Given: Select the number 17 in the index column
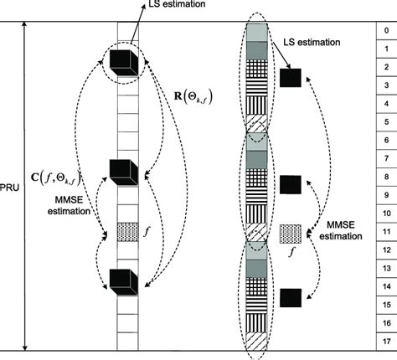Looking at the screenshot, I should click(x=384, y=341).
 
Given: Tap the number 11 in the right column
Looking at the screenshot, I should click(x=384, y=231).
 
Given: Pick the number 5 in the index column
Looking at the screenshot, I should click(x=384, y=121).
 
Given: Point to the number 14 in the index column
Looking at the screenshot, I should click(x=384, y=286).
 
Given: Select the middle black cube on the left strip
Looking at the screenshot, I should click(x=123, y=170).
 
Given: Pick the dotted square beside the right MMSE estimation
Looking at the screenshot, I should click(x=290, y=232).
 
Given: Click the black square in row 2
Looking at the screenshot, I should click(x=290, y=78).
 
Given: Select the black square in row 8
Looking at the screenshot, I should click(x=290, y=183).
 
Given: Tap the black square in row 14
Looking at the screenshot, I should click(x=290, y=296).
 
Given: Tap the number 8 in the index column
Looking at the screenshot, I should click(x=384, y=177).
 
